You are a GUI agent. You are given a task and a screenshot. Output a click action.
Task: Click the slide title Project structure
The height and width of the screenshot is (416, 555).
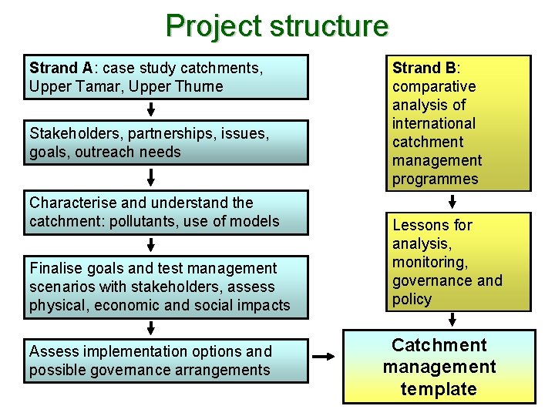277,26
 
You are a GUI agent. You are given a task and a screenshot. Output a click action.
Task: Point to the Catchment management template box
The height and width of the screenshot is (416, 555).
439,367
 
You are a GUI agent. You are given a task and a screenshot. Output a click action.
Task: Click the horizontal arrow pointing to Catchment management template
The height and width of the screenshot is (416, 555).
324,357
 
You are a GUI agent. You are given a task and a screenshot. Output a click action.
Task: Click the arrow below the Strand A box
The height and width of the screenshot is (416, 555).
151,109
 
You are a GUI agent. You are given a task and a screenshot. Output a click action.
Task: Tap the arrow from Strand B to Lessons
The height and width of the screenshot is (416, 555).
452,203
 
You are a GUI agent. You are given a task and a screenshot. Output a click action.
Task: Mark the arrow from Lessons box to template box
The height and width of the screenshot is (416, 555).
452,319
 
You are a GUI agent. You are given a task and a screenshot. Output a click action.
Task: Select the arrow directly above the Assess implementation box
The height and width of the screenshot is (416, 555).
151,327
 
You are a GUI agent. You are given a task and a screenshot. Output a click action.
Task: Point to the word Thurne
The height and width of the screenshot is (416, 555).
200,86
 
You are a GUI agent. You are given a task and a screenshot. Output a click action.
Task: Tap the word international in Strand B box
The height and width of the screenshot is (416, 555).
434,123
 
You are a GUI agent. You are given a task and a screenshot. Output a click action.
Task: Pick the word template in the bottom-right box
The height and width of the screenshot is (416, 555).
439,389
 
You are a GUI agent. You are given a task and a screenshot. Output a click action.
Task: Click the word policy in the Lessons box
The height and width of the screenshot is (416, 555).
412,299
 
